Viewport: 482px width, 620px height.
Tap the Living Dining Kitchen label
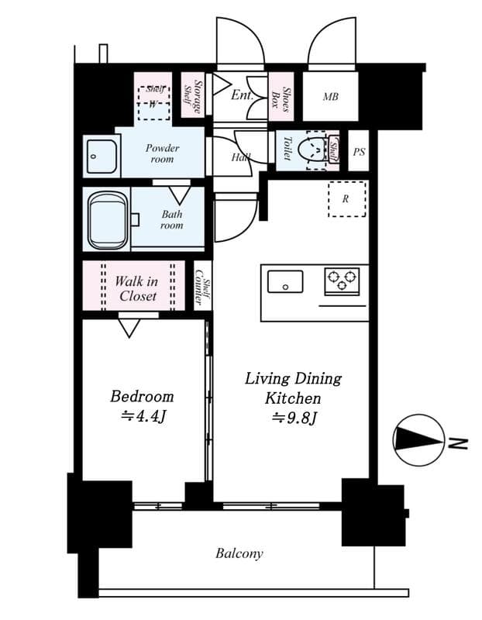(x=293, y=388)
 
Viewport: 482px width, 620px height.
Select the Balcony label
(x=239, y=553)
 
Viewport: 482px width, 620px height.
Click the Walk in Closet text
(x=137, y=288)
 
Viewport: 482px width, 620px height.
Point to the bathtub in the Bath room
(x=108, y=220)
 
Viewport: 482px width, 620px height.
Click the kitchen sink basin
(x=285, y=280)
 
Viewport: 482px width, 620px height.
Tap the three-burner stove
(x=341, y=280)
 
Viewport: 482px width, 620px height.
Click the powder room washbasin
(x=101, y=157)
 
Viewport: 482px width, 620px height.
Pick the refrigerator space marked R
(x=346, y=199)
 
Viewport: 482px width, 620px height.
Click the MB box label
(x=330, y=97)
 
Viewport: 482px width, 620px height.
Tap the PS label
(x=358, y=153)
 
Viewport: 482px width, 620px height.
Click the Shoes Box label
(x=281, y=97)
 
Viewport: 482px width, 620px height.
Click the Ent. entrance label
(x=241, y=95)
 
